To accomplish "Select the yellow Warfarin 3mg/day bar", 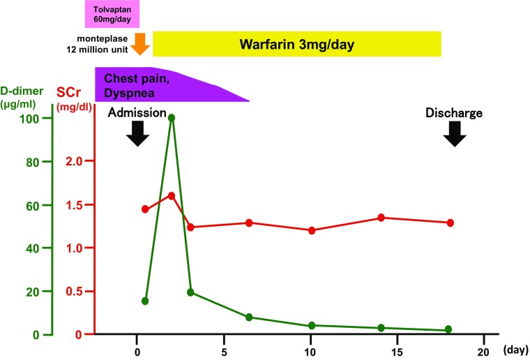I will tap(297, 44).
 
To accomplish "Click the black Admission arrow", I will tap(137, 133).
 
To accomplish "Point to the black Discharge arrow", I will tap(455, 133).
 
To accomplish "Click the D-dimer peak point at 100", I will tap(172, 117).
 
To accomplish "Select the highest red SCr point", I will tap(172, 195).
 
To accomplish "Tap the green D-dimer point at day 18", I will tap(448, 329).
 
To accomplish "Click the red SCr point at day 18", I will tap(450, 223).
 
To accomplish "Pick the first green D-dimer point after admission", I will tap(145, 301).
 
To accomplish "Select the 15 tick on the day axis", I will tap(397, 349).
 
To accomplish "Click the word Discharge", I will tap(455, 112).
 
